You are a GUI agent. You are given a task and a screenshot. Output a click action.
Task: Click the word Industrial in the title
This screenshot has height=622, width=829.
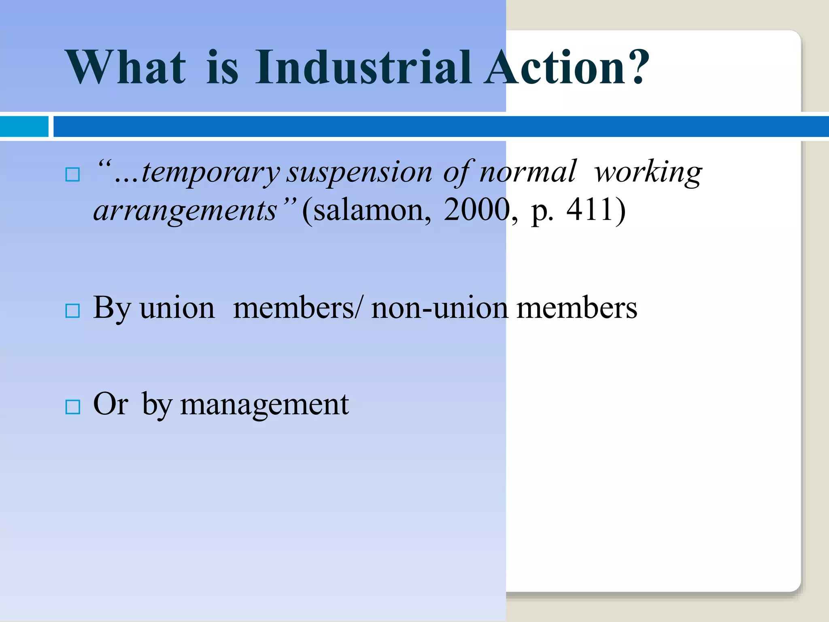point(363,67)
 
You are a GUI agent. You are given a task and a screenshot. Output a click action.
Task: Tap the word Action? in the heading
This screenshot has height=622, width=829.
point(567,67)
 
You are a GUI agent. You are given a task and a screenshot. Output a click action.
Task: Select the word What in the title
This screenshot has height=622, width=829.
point(125,67)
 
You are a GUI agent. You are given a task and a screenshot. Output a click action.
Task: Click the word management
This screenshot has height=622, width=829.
point(264,405)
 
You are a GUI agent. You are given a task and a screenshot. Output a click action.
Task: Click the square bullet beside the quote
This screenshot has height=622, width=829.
point(72,175)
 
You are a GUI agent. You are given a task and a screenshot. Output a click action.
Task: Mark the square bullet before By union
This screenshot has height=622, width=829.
point(72,311)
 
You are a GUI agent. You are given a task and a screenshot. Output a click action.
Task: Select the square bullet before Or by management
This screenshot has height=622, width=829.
point(72,407)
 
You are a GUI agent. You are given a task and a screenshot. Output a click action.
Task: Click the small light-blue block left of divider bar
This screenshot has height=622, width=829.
point(24,126)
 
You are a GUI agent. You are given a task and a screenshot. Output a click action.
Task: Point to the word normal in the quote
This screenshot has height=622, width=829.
point(527,173)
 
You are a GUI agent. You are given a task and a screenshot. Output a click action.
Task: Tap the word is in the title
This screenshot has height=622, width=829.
point(222,67)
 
